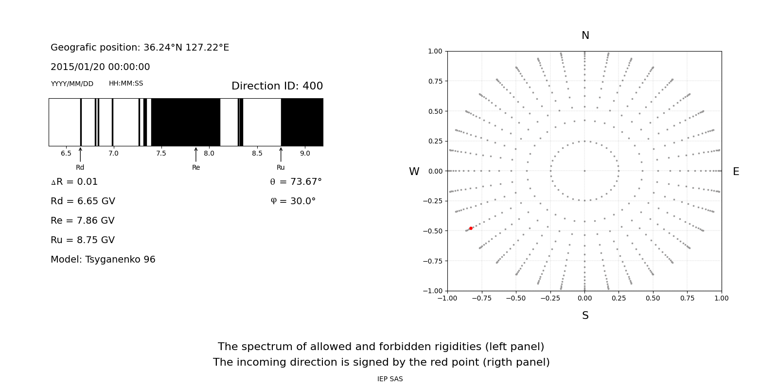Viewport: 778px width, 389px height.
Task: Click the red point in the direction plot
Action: coord(471,228)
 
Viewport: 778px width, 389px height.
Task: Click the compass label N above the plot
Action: coord(585,35)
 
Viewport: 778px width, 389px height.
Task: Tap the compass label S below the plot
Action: coord(585,316)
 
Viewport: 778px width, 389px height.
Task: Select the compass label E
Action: coord(736,172)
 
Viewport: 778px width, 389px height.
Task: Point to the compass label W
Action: coord(414,172)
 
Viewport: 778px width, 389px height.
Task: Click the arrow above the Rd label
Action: coord(80,154)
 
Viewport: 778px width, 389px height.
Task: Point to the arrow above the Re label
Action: coord(196,154)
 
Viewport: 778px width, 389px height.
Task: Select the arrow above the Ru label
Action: coord(281,154)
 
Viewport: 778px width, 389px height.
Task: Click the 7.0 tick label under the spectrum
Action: coord(113,153)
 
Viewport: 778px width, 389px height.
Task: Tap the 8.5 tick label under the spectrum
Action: coord(257,153)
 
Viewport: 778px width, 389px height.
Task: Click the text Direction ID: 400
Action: coord(277,86)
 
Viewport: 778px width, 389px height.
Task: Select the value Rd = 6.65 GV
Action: coord(83,201)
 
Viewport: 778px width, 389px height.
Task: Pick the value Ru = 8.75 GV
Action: coord(83,240)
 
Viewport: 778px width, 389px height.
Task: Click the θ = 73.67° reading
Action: coord(296,182)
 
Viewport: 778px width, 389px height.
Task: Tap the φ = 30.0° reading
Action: coord(293,201)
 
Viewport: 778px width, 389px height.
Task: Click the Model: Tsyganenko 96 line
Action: coord(103,260)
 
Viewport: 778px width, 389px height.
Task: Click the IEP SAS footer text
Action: coord(389,379)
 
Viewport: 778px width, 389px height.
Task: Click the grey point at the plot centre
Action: coord(584,171)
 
